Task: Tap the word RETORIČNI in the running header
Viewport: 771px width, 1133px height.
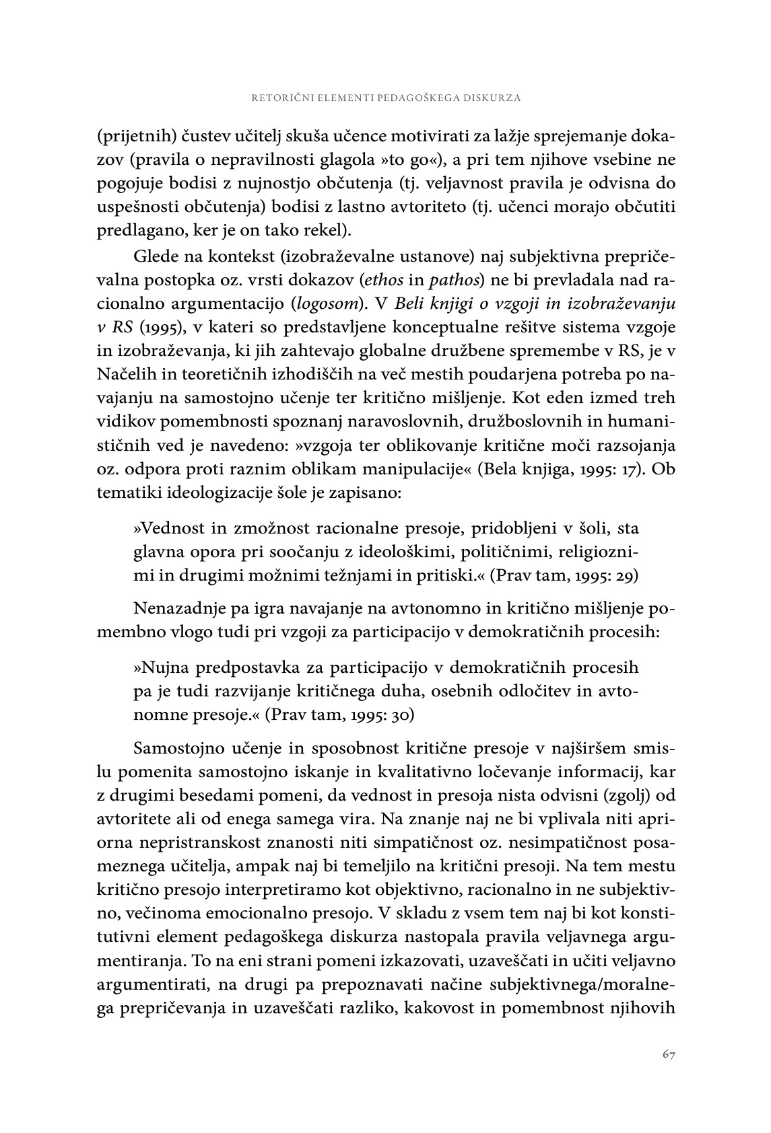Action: [x=278, y=98]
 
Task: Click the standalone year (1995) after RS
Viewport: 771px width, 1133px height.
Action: [x=159, y=328]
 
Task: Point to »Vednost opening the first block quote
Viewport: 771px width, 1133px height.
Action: [x=164, y=529]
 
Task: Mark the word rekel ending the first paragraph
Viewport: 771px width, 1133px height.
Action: [x=328, y=230]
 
